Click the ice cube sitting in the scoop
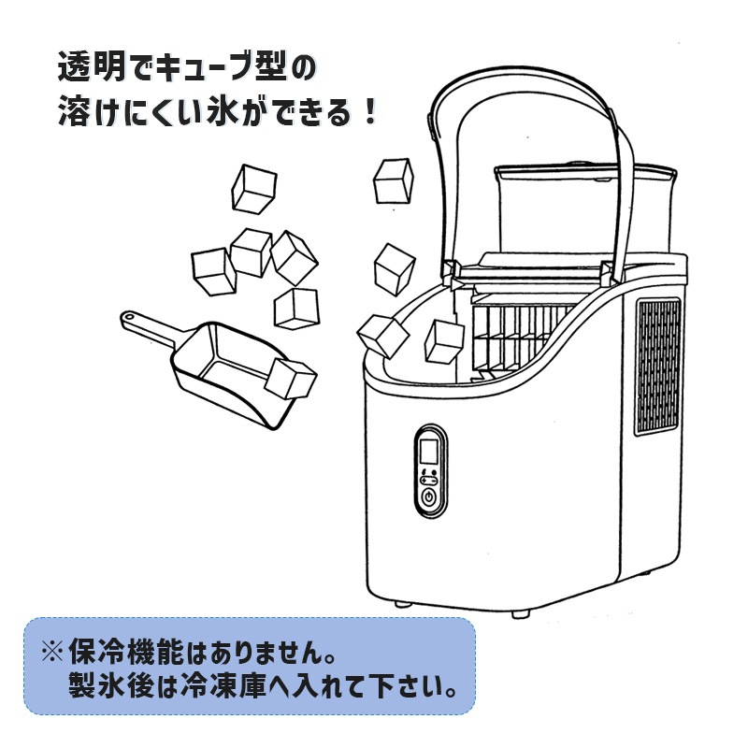click(291, 379)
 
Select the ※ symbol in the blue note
click(52, 651)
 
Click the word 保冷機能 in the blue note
click(125, 651)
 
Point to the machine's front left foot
click(403, 604)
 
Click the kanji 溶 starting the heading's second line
click(72, 113)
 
